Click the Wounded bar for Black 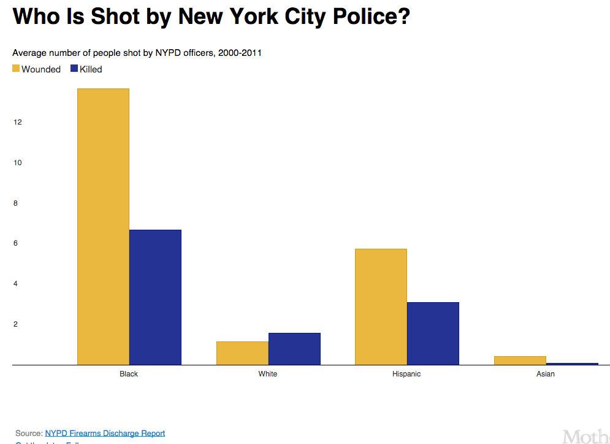(103, 227)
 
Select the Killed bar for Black (155, 297)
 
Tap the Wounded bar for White (242, 353)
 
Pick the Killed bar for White (294, 349)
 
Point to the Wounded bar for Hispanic (381, 306)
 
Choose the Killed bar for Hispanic (433, 333)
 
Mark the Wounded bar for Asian (520, 360)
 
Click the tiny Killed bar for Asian (572, 364)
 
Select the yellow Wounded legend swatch (16, 69)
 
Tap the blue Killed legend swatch (74, 69)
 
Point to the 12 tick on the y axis (17, 122)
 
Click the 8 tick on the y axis (17, 203)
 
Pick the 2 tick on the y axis (17, 324)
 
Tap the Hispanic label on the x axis (406, 374)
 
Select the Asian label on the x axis (545, 374)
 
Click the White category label (268, 374)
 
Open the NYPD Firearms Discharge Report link (105, 433)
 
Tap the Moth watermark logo (585, 436)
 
